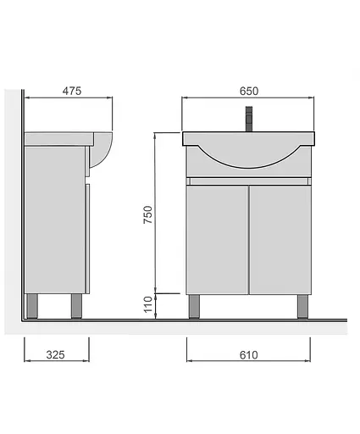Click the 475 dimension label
click(72, 91)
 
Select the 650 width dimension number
click(249, 91)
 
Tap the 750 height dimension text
click(147, 214)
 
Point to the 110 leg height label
click(147, 304)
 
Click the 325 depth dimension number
click(56, 354)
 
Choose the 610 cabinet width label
click(249, 355)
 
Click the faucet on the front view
click(249, 119)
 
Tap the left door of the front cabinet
click(217, 240)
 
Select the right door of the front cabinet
click(280, 240)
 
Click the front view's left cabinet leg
click(194, 306)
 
